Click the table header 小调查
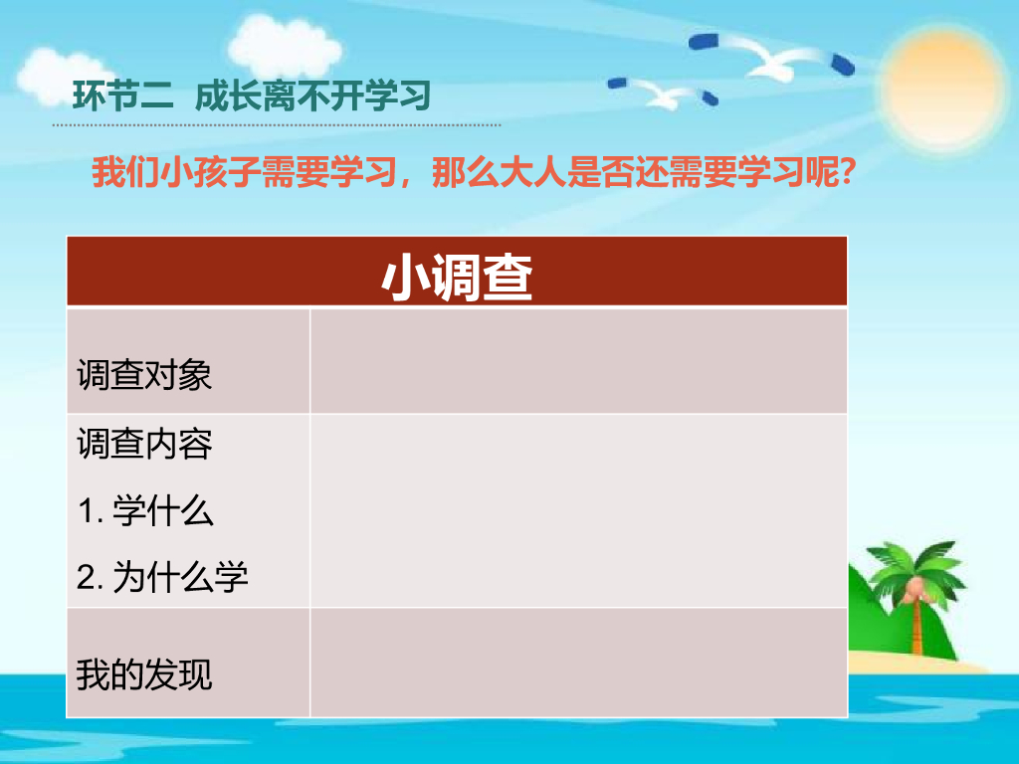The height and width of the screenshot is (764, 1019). pyautogui.click(x=457, y=279)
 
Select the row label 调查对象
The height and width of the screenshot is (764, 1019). pyautogui.click(x=144, y=376)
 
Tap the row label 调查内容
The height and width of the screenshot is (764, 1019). pyautogui.click(x=144, y=444)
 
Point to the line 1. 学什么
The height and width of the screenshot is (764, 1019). pyautogui.click(x=145, y=511)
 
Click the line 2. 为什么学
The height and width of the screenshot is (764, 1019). pyautogui.click(x=162, y=577)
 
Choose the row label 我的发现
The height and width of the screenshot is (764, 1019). pyautogui.click(x=144, y=675)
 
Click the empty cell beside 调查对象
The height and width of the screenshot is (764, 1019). pyautogui.click(x=578, y=361)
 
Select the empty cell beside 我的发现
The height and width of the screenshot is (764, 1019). pyautogui.click(x=578, y=663)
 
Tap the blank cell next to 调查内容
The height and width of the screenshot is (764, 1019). pyautogui.click(x=578, y=510)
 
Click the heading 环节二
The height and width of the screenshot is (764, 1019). pyautogui.click(x=123, y=96)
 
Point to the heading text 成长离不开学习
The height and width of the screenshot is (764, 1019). pyautogui.click(x=312, y=96)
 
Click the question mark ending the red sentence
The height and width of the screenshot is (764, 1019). pyautogui.click(x=847, y=174)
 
